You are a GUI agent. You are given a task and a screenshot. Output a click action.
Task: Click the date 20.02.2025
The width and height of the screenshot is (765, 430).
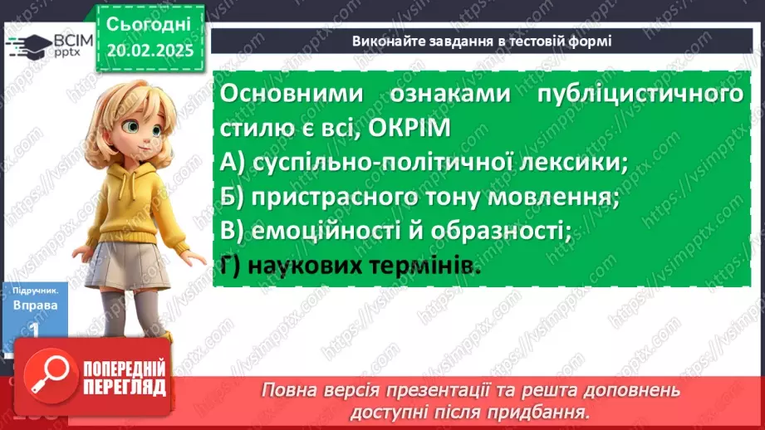pos(150,51)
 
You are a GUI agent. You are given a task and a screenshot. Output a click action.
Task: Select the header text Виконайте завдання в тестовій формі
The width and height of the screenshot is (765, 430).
pos(482,41)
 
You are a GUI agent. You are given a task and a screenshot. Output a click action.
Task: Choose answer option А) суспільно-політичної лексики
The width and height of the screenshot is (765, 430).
pos(424,164)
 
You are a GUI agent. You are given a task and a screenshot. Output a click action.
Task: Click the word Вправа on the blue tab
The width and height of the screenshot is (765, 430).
pos(34,305)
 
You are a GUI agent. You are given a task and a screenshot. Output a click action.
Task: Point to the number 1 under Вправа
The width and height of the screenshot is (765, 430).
pos(34,329)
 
